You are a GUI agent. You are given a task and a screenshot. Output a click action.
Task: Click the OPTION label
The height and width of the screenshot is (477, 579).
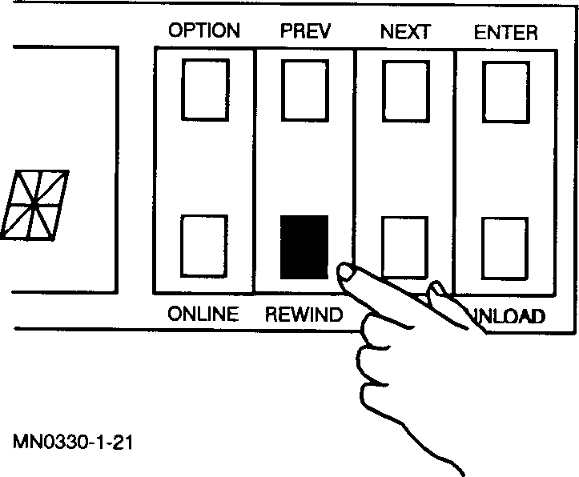(x=204, y=31)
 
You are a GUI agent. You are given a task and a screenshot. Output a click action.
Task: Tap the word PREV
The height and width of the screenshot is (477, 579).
(x=305, y=31)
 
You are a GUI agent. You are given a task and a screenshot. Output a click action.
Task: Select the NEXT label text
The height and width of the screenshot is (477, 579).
(x=405, y=32)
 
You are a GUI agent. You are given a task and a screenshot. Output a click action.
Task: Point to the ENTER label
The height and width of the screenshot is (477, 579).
(x=505, y=32)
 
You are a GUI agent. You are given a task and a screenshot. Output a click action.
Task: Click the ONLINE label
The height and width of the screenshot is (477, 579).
(x=203, y=315)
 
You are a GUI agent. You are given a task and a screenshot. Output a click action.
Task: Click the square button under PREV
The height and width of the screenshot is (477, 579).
(x=304, y=89)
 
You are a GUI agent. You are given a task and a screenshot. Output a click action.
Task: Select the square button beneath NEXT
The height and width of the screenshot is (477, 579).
(x=405, y=89)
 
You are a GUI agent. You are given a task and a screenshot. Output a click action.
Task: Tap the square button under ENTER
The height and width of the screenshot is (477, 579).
(x=505, y=89)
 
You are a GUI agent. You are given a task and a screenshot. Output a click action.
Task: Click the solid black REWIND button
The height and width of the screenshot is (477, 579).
(x=304, y=247)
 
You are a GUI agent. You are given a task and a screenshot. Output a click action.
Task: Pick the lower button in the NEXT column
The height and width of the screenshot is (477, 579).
(x=405, y=247)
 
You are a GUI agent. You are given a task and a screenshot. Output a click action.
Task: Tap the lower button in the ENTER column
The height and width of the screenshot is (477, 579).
(x=505, y=247)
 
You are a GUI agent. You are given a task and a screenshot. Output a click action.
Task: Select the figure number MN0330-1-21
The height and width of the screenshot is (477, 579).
(x=72, y=442)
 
